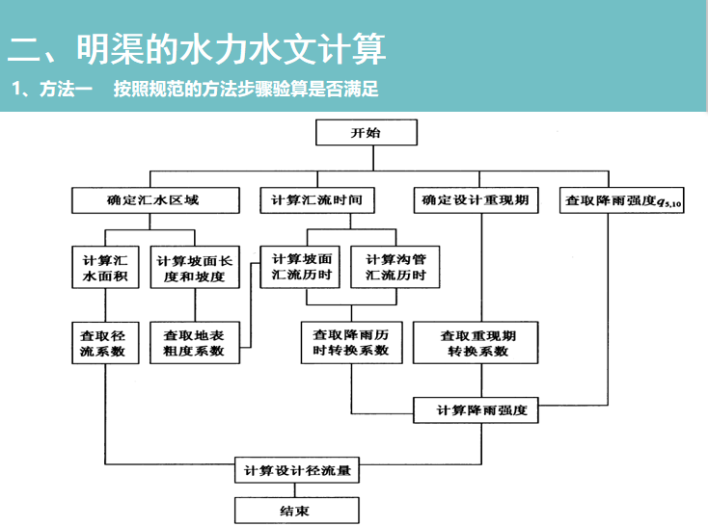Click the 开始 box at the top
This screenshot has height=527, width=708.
(366, 134)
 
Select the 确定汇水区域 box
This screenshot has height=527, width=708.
(153, 201)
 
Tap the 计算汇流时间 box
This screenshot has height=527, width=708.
(317, 201)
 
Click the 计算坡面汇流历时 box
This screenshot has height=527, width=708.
(302, 267)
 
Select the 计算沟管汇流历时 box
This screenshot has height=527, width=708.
(395, 267)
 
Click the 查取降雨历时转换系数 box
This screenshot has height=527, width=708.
(351, 342)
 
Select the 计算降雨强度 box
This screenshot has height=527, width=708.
(476, 410)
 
